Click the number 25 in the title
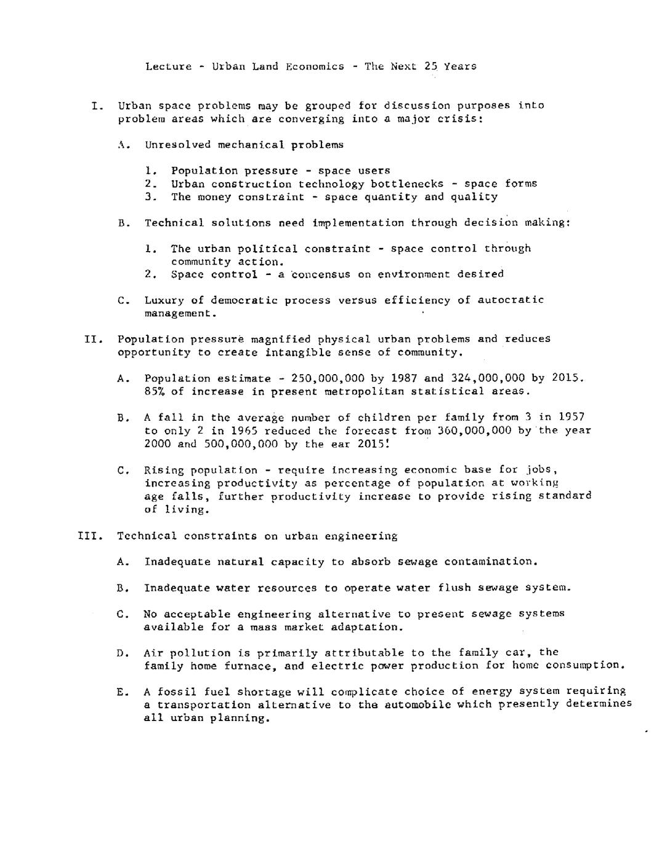click(x=431, y=66)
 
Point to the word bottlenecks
click(x=407, y=184)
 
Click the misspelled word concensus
click(x=320, y=274)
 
